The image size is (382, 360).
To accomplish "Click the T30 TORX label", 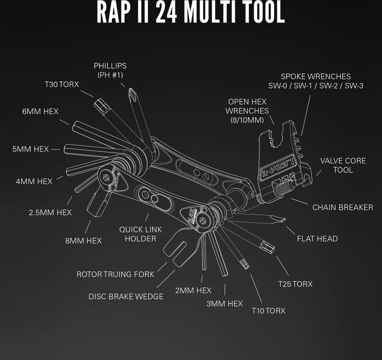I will pyautogui.click(x=62, y=84).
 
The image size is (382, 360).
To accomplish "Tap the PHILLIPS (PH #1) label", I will pyautogui.click(x=110, y=70).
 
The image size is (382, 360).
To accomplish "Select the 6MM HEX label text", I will pyautogui.click(x=40, y=112).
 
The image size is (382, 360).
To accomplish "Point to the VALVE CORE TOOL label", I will pyautogui.click(x=343, y=165).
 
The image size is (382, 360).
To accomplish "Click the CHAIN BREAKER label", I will pyautogui.click(x=342, y=207).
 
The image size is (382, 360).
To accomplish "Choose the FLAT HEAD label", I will pyautogui.click(x=317, y=239).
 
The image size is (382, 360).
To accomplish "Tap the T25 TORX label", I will pyautogui.click(x=295, y=284).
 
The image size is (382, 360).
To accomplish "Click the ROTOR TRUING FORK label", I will pyautogui.click(x=115, y=274).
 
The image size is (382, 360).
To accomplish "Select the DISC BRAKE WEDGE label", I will pyautogui.click(x=126, y=297).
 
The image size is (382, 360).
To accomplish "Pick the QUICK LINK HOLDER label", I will pyautogui.click(x=141, y=234).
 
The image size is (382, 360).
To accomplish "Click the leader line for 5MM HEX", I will pyautogui.click(x=56, y=149).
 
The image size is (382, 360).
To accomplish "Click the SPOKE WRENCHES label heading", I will pyautogui.click(x=316, y=76).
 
